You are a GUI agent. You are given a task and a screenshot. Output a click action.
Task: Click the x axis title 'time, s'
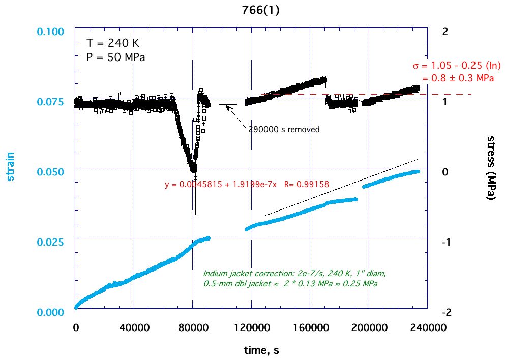tap(259, 350)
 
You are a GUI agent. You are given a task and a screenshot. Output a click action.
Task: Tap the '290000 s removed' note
tap(284, 130)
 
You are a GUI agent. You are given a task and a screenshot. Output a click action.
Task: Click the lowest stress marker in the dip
tap(195, 214)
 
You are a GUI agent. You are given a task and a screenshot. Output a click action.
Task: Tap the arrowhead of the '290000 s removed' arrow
tap(227, 107)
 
